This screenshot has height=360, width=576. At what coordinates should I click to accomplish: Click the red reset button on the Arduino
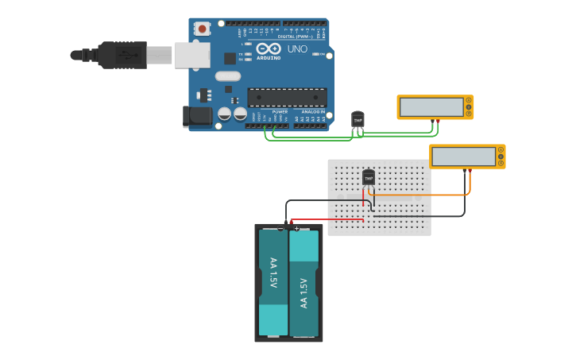pos(203,29)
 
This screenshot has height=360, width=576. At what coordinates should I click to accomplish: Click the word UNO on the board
pos(297,49)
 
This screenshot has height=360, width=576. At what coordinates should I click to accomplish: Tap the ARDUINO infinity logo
pos(269,49)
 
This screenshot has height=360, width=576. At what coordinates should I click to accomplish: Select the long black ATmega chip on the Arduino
pos(287,97)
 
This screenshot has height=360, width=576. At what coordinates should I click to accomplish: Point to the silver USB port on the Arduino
pos(192,55)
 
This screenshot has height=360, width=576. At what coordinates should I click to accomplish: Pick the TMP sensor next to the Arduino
pos(358,119)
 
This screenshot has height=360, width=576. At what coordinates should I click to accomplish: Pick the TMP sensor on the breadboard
pos(369,177)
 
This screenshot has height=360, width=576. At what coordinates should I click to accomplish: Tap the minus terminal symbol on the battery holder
pos(280,229)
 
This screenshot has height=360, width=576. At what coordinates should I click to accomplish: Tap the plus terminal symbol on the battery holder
pos(297,229)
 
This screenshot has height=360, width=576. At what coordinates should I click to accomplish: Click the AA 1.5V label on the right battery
pos(303,292)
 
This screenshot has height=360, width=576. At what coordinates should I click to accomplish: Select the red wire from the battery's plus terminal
pos(326,219)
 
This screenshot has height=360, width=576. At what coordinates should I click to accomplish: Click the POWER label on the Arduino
pos(280,112)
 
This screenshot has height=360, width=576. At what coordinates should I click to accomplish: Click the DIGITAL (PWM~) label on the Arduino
pos(296,37)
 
